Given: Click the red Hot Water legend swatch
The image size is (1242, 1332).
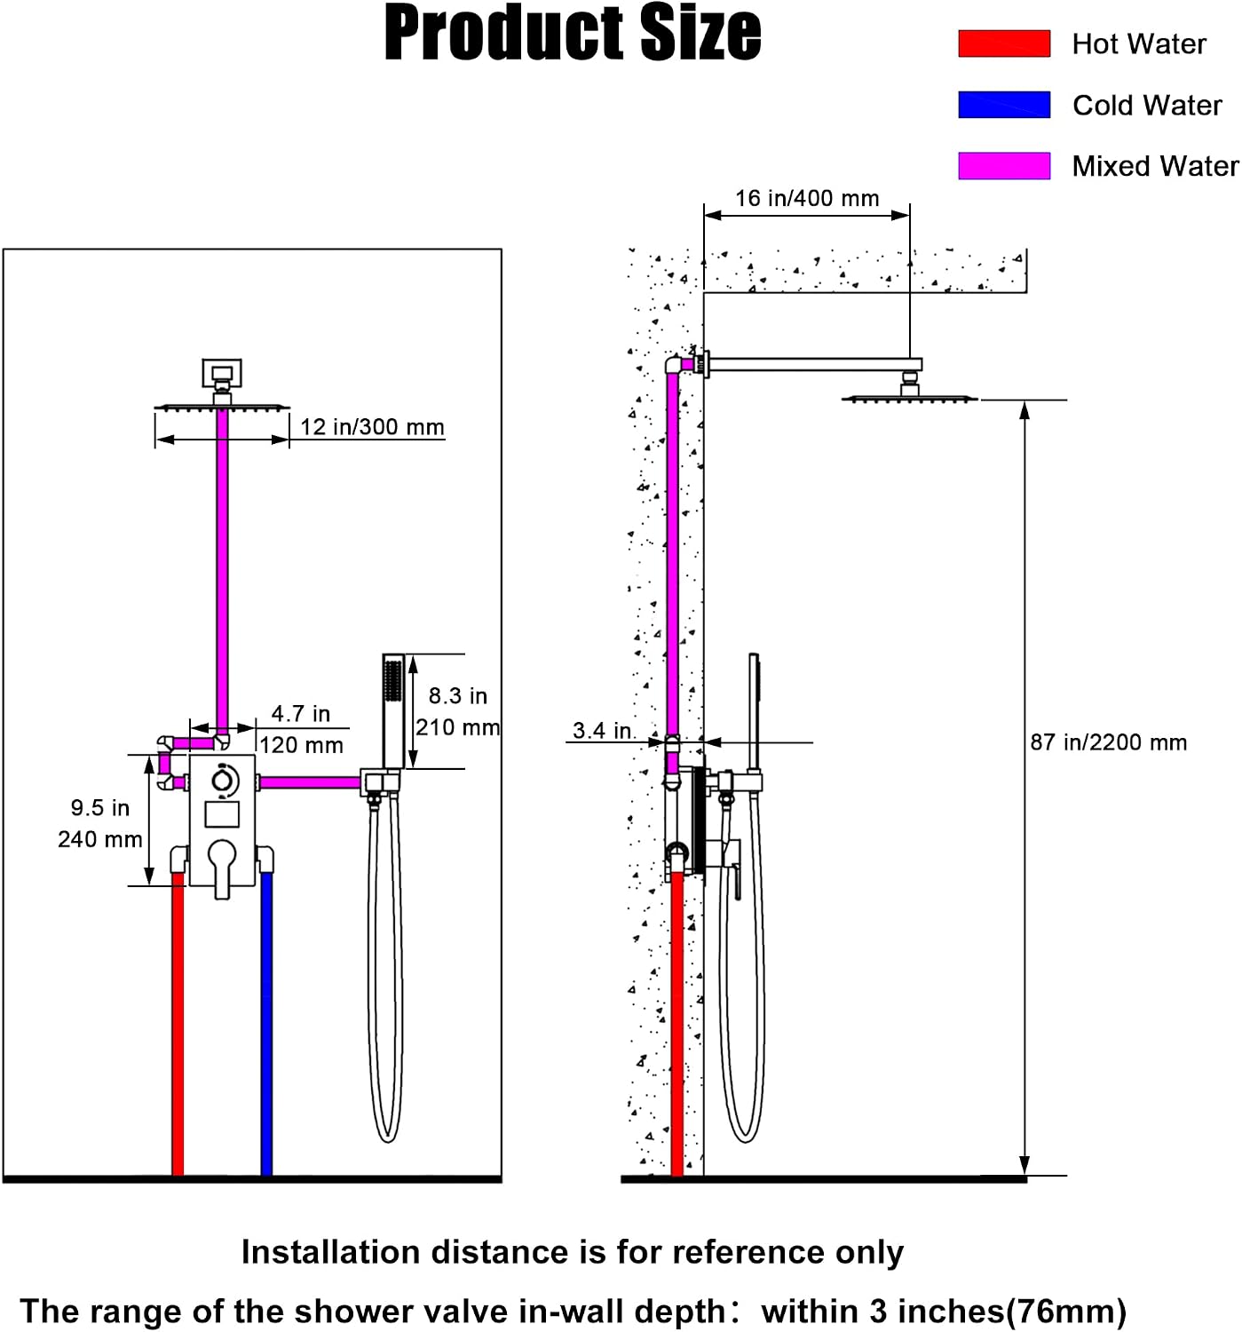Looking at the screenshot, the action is coord(1003,44).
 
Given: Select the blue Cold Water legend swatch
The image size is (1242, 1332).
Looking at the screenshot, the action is coord(1003,105).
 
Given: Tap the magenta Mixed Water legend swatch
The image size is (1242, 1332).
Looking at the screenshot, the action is coord(1003,166).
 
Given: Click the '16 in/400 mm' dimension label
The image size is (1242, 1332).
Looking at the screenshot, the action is coord(807,199).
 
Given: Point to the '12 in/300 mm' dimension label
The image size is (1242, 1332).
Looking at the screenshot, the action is coord(371,426).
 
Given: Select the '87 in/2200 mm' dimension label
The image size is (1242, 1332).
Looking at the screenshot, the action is coord(1108,742).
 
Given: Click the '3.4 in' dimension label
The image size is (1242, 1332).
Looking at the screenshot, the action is coord(602,731).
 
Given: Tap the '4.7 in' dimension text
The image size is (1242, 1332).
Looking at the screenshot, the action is coord(300,714).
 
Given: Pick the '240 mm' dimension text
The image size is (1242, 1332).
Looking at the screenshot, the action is coord(100,839).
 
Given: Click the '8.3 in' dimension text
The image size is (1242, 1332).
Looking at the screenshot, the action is coord(457,696).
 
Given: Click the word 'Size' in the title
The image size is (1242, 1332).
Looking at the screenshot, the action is coord(700,32).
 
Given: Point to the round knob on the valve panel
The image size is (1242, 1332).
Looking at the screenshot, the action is coord(224,781).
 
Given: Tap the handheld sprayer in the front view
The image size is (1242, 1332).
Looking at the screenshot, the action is coord(392,711).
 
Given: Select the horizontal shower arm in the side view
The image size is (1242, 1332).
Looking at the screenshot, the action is coord(815,365).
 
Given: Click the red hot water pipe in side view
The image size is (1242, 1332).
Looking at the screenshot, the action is coord(676,1024).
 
